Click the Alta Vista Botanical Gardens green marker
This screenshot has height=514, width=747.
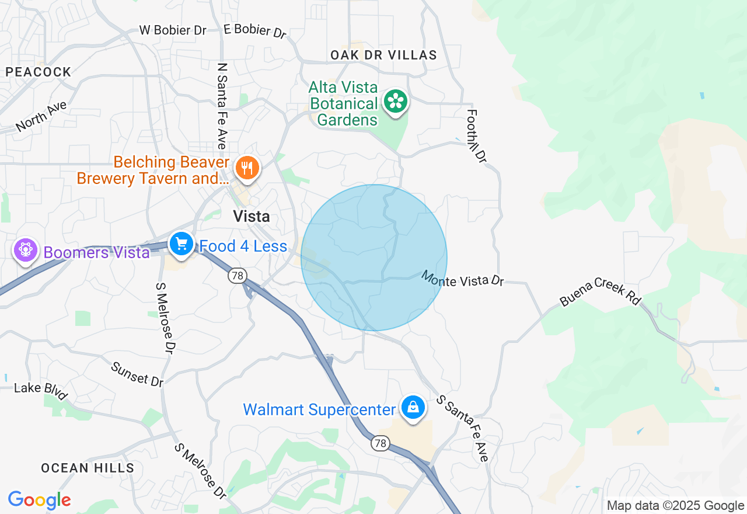396,102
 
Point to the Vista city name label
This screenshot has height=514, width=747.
252,217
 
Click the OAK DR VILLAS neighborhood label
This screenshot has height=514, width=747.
383,55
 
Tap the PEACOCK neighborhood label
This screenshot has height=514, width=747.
39,72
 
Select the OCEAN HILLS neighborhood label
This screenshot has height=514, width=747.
88,468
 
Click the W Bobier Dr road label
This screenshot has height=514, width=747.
173,30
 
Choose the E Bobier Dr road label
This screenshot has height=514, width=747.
255,30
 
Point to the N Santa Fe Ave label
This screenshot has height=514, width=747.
221,106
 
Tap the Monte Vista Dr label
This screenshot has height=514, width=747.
462,279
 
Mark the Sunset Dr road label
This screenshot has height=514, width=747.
137,374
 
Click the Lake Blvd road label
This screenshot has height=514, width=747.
41,391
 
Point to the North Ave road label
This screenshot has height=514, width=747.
41,116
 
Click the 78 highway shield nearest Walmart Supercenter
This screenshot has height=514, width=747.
381,444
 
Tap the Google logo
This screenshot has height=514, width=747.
40,500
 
